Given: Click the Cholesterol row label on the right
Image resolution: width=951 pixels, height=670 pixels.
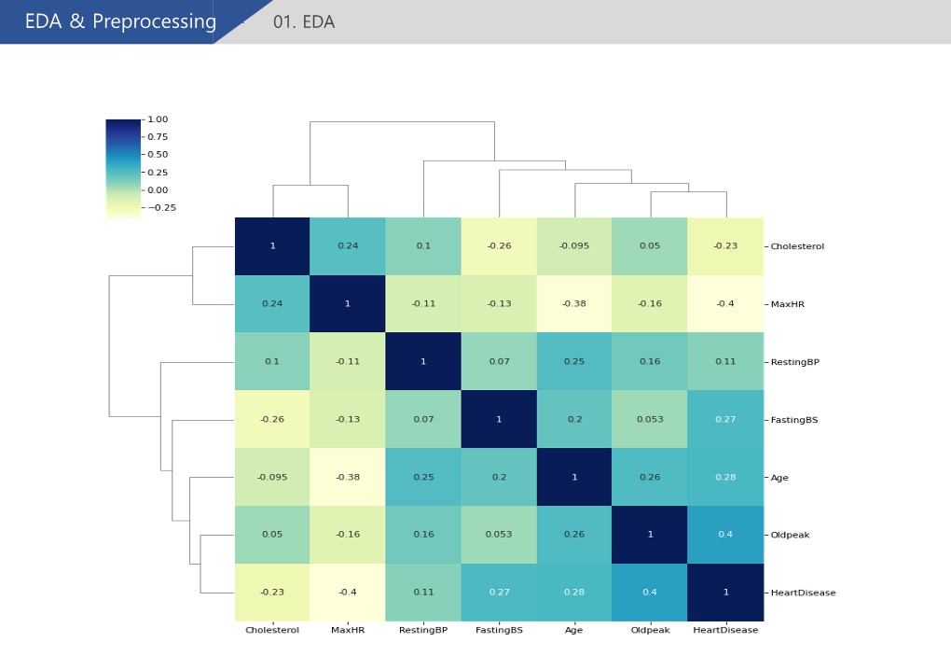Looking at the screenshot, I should pos(797,246).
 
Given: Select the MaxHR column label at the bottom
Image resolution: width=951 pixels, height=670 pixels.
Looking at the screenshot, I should pos(348,630).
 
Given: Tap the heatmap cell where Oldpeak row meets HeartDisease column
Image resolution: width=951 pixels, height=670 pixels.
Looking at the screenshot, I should pos(725,535).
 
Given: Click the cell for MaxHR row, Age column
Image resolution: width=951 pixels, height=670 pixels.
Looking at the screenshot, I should pos(574,304).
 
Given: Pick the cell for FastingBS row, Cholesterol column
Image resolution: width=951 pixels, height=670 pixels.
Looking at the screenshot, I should pos(272,420).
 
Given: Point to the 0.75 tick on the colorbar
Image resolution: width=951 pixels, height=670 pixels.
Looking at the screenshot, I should pos(158,137).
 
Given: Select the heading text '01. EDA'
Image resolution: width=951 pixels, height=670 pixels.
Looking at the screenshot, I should pos(303,22).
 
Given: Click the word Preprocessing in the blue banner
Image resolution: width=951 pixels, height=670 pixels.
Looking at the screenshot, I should pos(154,22).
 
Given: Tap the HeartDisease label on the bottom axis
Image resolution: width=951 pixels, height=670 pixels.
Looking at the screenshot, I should pos(725,630).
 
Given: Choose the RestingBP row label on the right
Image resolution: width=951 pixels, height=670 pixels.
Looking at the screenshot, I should pos(794,362).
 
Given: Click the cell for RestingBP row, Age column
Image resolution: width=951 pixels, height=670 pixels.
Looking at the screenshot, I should pos(574,362).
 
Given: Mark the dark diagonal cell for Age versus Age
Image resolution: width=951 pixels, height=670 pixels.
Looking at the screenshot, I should pos(574,477).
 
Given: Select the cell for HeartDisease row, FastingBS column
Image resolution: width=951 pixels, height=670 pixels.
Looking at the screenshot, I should pos(499,593).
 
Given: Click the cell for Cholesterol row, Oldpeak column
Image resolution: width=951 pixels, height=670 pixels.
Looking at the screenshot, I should pos(650,246).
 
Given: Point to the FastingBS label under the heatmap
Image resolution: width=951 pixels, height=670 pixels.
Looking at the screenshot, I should pos(499,630).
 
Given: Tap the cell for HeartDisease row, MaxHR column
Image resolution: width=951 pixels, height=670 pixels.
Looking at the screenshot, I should pos(348,593).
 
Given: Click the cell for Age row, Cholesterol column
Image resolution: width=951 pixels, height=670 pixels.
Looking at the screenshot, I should pos(272,477).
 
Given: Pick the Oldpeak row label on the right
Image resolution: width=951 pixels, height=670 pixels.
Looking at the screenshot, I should pos(790,535).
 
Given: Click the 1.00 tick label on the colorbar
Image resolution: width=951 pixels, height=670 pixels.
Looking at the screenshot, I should pos(158,119).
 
